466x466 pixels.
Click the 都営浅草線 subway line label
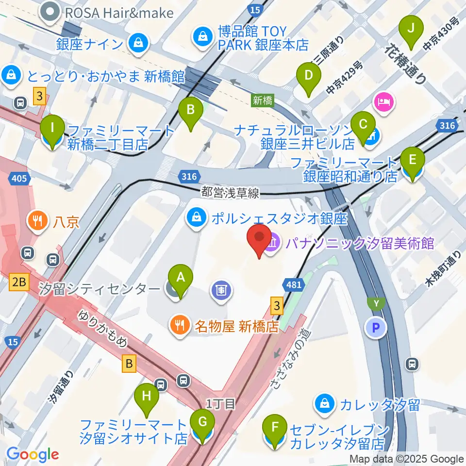(x=231, y=193)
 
